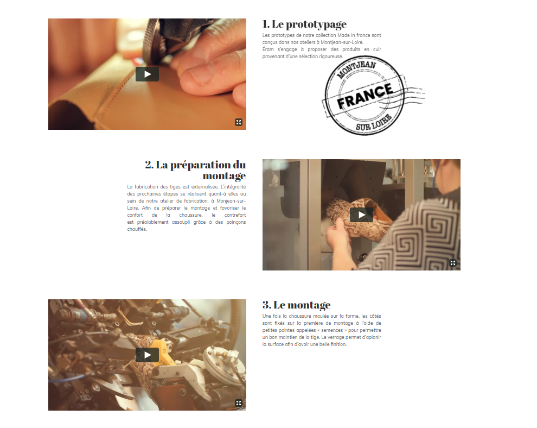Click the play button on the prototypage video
coord(147,74)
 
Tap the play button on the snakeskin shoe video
coord(361,215)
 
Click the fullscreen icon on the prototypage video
coord(239,122)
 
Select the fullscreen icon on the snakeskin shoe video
coord(453,263)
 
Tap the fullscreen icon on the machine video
coord(239,403)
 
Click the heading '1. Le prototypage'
coord(304,24)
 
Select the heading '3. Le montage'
coord(297,305)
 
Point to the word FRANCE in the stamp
coord(365,96)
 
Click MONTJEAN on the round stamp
coord(356,70)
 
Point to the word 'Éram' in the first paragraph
coord(268,49)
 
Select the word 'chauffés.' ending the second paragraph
coord(137,229)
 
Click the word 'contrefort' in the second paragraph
coord(235,215)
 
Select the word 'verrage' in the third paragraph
coord(336,337)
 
